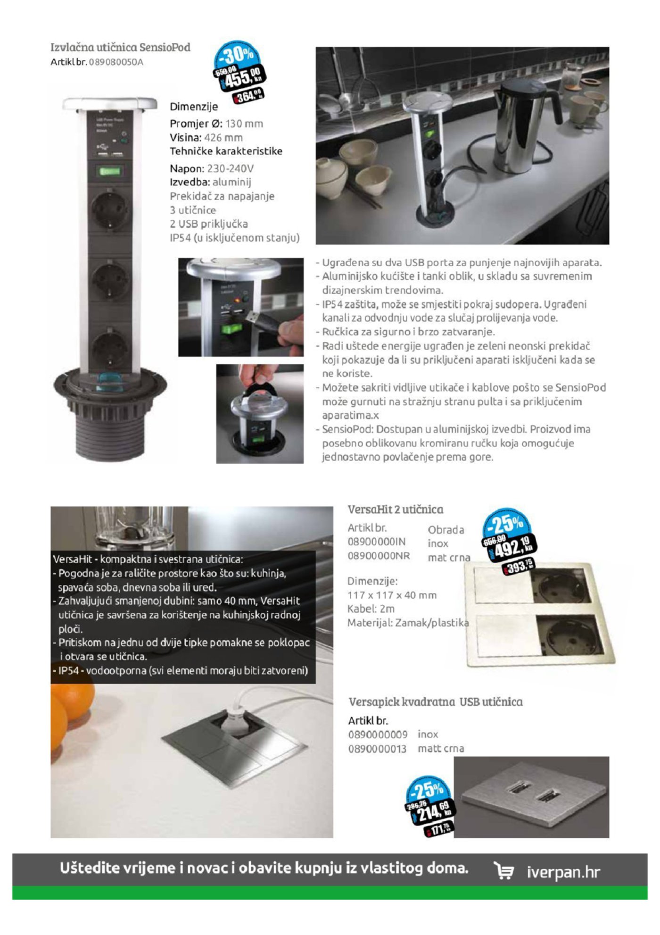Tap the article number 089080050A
[x=116, y=62]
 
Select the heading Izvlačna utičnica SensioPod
[x=120, y=47]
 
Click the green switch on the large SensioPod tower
[x=109, y=171]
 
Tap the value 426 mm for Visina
[x=223, y=138]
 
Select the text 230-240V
[x=231, y=168]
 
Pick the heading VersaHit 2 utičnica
[x=395, y=509]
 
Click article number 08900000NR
[x=379, y=556]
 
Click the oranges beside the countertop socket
[x=66, y=708]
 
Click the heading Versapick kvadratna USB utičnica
[x=435, y=702]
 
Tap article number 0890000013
[x=377, y=749]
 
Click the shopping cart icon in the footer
[x=503, y=871]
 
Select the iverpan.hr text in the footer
[x=563, y=872]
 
